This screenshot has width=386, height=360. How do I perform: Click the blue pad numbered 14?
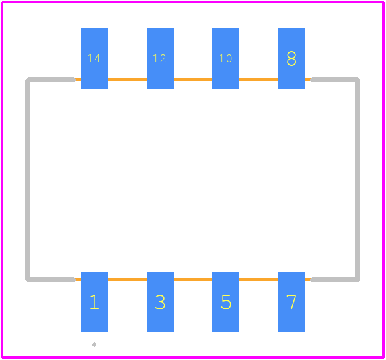click(94, 58)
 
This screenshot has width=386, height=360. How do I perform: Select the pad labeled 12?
click(160, 58)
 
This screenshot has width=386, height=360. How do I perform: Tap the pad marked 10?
click(225, 58)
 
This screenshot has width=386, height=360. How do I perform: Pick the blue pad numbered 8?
click(291, 58)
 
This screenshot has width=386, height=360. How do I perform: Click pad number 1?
click(94, 302)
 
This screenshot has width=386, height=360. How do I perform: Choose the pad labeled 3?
click(160, 302)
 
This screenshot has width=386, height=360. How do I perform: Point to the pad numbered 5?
click(225, 302)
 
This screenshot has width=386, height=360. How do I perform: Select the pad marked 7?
click(291, 302)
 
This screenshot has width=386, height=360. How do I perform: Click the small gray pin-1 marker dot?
click(94, 344)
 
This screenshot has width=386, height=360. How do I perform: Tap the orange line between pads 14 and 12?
click(128, 80)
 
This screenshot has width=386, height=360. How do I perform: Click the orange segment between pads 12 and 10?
click(193, 80)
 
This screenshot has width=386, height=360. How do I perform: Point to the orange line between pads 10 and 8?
click(258, 80)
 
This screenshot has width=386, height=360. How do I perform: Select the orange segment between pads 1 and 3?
click(128, 280)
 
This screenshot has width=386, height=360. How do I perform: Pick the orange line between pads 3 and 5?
click(193, 280)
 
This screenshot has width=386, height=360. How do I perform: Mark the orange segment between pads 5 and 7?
click(258, 280)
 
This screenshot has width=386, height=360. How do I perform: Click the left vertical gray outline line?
click(28, 179)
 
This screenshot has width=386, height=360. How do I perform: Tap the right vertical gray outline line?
click(358, 179)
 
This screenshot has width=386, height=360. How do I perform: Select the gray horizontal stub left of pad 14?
click(51, 80)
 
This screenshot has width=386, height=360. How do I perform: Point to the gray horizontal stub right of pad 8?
click(335, 80)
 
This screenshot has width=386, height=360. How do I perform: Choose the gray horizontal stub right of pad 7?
click(335, 280)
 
